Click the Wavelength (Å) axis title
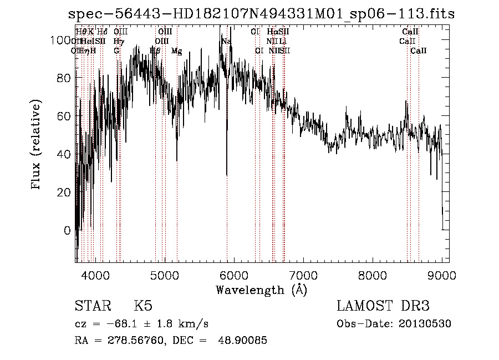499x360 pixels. [x=261, y=290]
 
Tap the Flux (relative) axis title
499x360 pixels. [x=37, y=145]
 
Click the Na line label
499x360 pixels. [x=226, y=42]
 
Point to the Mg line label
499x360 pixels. [x=176, y=51]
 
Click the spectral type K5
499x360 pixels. [x=143, y=306]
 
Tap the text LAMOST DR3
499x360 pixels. [x=383, y=306]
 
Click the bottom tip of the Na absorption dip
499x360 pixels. [x=227, y=175]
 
